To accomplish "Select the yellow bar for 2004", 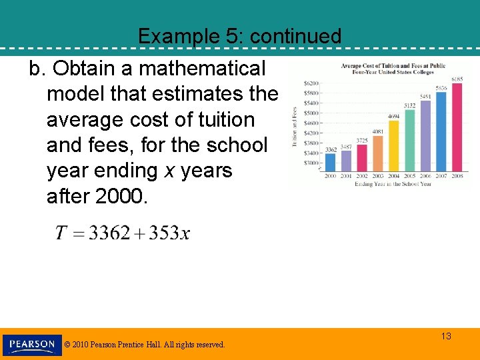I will pyautogui.click(x=393, y=145).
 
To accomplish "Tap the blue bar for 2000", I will pyautogui.click(x=331, y=162).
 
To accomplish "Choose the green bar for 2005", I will pyautogui.click(x=409, y=140).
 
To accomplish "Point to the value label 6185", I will pyautogui.click(x=457, y=79).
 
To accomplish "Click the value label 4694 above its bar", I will pyautogui.click(x=393, y=116).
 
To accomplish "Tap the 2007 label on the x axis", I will pyautogui.click(x=441, y=177).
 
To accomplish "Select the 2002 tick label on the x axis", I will pyautogui.click(x=362, y=177).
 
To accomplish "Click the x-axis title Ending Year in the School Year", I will pyautogui.click(x=393, y=184).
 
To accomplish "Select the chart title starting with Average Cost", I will pyautogui.click(x=393, y=69).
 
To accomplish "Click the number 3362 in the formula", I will pyautogui.click(x=109, y=233).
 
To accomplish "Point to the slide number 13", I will pyautogui.click(x=446, y=336).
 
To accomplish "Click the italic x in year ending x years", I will pyautogui.click(x=170, y=171).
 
